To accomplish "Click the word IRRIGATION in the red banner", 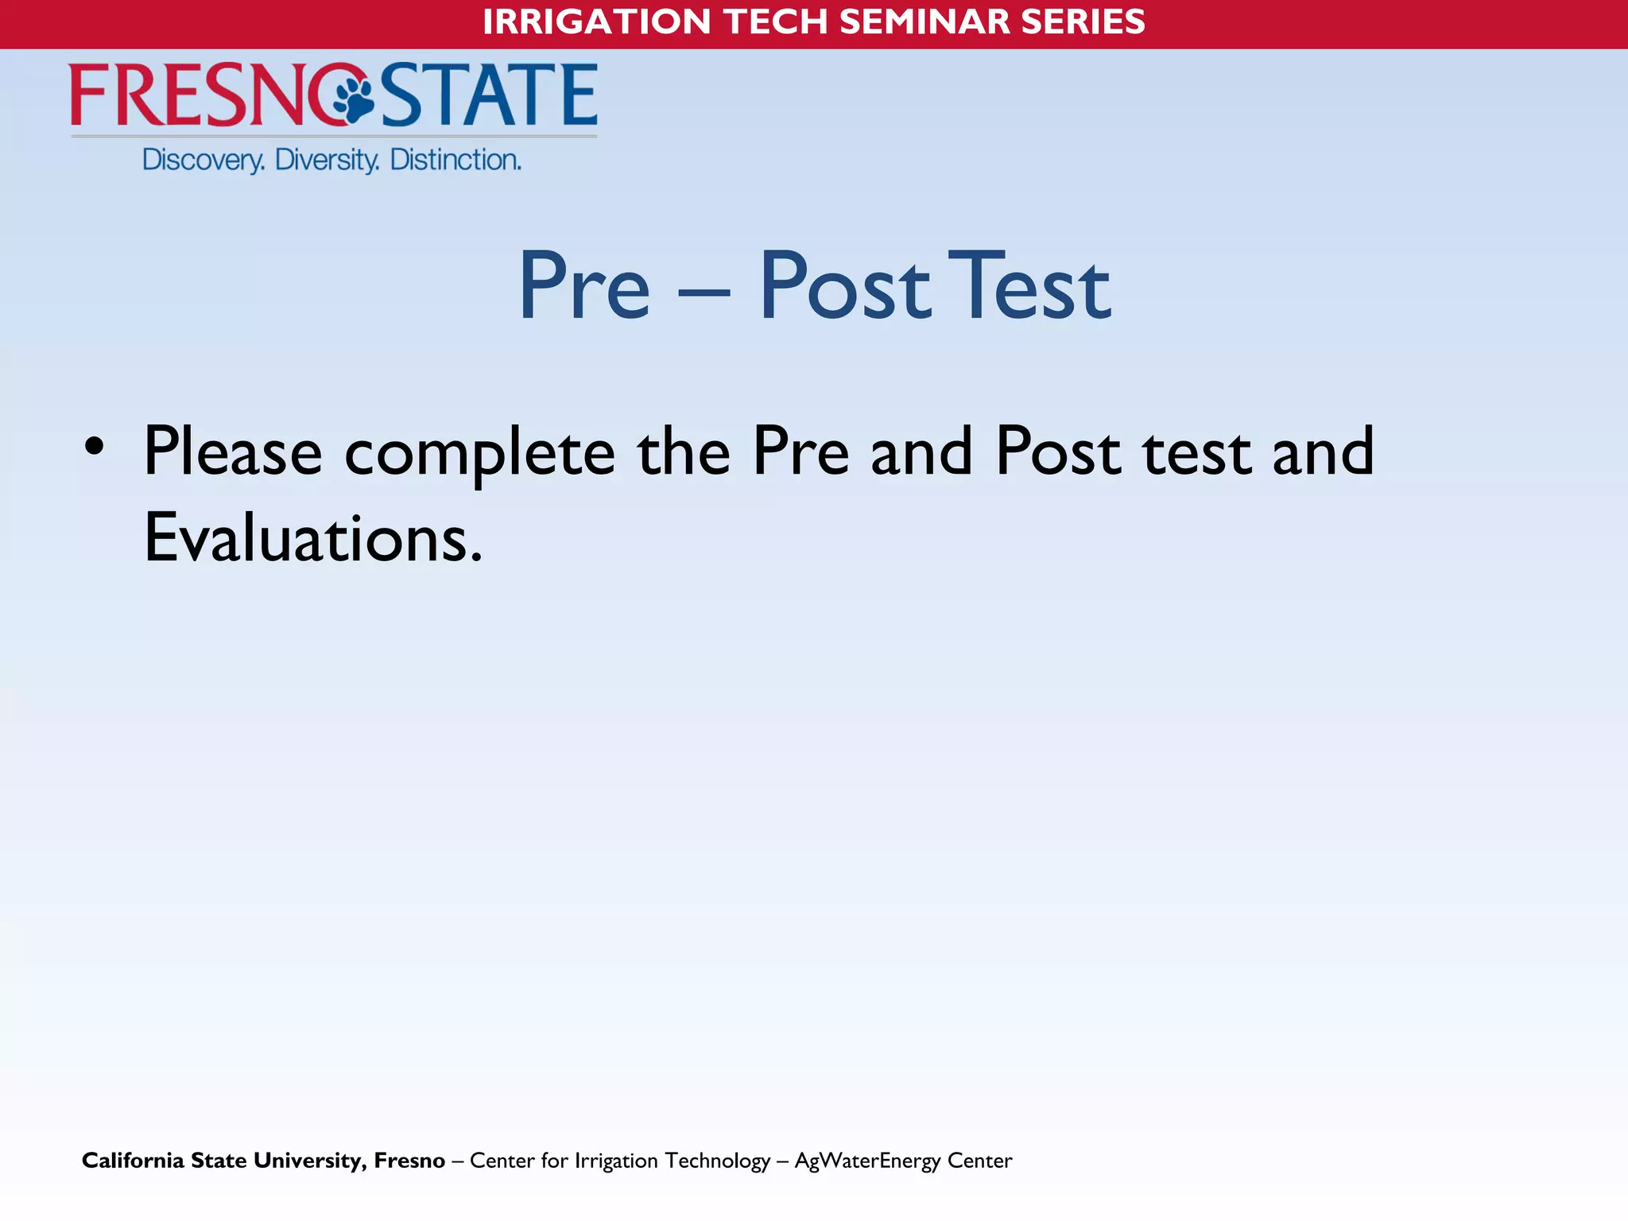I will pos(596,21).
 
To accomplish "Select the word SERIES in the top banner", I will pos(1083,21).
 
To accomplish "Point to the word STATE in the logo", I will pos(490,95).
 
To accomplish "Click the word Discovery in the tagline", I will pos(203,160).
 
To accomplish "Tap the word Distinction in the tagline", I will pos(455,160).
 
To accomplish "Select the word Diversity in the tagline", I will pos(327,160).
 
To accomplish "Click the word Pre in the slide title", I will pos(584,286).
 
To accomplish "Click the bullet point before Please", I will pos(95,447).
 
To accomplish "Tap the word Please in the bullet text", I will pos(233,452).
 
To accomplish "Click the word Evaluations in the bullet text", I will pos(312,538).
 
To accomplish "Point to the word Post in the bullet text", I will pos(1058,452).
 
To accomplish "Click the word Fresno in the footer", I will pos(409,1161).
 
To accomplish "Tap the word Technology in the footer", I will pos(718,1161).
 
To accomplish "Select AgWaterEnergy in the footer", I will pos(867,1161).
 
